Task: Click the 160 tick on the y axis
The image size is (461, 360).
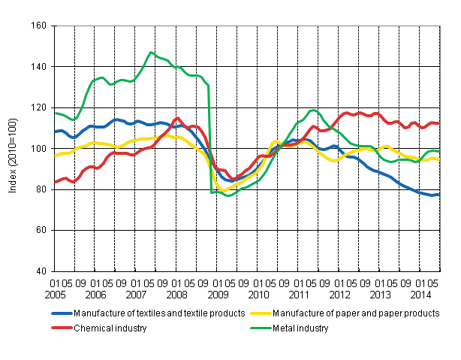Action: coord(38,26)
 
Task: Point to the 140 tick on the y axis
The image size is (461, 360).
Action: coord(38,67)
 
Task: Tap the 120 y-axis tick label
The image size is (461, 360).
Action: coord(38,107)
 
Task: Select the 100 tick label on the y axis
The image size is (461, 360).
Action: coord(38,149)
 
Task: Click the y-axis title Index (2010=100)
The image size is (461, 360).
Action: coord(14,149)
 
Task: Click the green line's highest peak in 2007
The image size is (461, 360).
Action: coord(151,53)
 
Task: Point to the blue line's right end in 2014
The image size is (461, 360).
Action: coord(439,195)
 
